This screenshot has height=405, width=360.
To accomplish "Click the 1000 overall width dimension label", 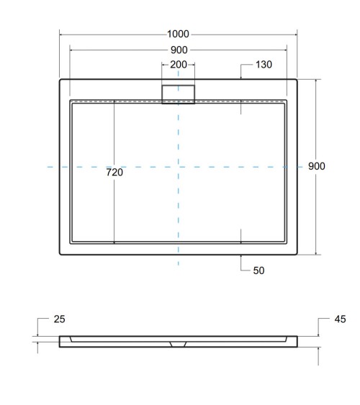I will pyautogui.click(x=178, y=34).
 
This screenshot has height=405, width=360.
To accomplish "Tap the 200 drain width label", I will pyautogui.click(x=178, y=65).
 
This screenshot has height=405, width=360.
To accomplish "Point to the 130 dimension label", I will pyautogui.click(x=264, y=65).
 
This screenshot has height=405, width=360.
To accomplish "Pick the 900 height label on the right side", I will pyautogui.click(x=317, y=166).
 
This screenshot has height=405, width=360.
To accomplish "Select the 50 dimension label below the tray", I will pyautogui.click(x=259, y=270).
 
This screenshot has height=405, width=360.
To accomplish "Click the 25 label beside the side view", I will pyautogui.click(x=59, y=318).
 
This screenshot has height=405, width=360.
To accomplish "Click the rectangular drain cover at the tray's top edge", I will pyautogui.click(x=178, y=94).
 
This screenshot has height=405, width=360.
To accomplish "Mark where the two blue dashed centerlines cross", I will pyautogui.click(x=178, y=167).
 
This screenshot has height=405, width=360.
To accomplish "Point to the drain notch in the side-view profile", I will pyautogui.click(x=178, y=343).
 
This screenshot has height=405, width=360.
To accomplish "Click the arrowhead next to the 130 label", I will pyautogui.click(x=240, y=76).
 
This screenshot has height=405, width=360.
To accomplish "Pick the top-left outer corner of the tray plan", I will pyautogui.click(x=60, y=80).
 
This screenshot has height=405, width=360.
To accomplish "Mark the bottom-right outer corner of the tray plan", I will pyautogui.click(x=297, y=255).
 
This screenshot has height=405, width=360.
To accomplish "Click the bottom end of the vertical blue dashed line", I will pyautogui.click(x=178, y=267).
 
